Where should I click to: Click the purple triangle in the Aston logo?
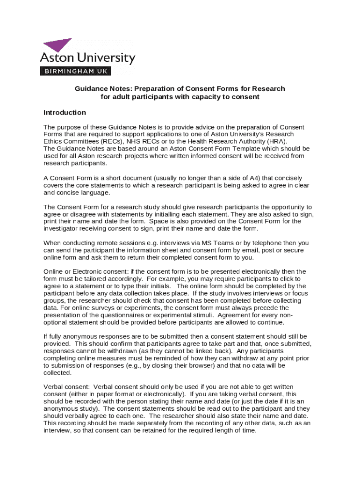click(59, 44)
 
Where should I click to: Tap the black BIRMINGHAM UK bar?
click(76, 71)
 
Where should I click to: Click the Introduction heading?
click(65, 112)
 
